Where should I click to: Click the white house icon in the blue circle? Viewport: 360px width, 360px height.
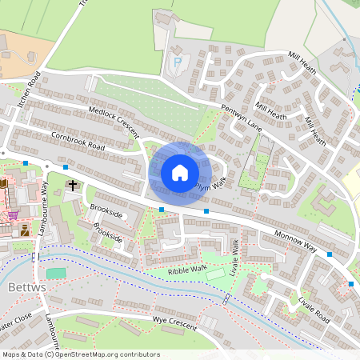[180, 172]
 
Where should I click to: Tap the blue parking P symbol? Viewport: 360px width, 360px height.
[177, 62]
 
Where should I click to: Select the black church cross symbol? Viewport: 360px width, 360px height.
[74, 185]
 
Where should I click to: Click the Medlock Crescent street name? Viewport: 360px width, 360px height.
[114, 120]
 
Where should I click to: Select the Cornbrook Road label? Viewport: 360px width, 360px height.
[77, 142]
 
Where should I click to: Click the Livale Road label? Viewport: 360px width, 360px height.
[314, 307]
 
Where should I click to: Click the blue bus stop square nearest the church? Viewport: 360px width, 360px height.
[66, 168]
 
